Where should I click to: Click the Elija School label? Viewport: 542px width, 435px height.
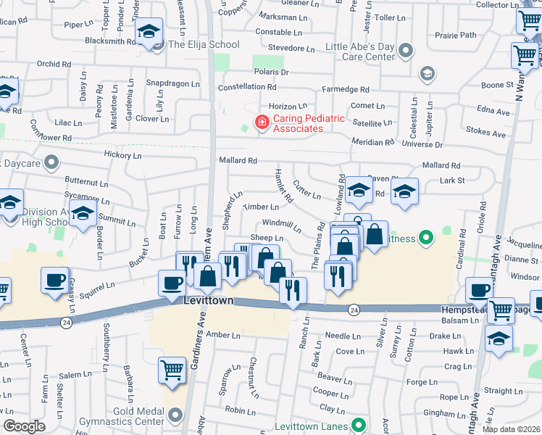[203, 45]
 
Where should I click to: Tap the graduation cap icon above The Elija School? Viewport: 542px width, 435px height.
[149, 32]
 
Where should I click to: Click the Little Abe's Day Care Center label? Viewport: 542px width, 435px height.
[360, 51]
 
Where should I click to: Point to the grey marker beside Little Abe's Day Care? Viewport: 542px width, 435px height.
[406, 51]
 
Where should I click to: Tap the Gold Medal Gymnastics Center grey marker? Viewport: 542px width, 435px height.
[174, 415]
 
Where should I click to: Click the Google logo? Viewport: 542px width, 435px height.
[24, 426]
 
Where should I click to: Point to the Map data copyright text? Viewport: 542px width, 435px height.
[512, 429]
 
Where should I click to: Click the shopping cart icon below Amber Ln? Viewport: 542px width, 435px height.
[172, 370]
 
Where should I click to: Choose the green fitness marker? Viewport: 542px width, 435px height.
[427, 238]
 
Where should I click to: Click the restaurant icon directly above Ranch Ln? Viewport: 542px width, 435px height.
[293, 290]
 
